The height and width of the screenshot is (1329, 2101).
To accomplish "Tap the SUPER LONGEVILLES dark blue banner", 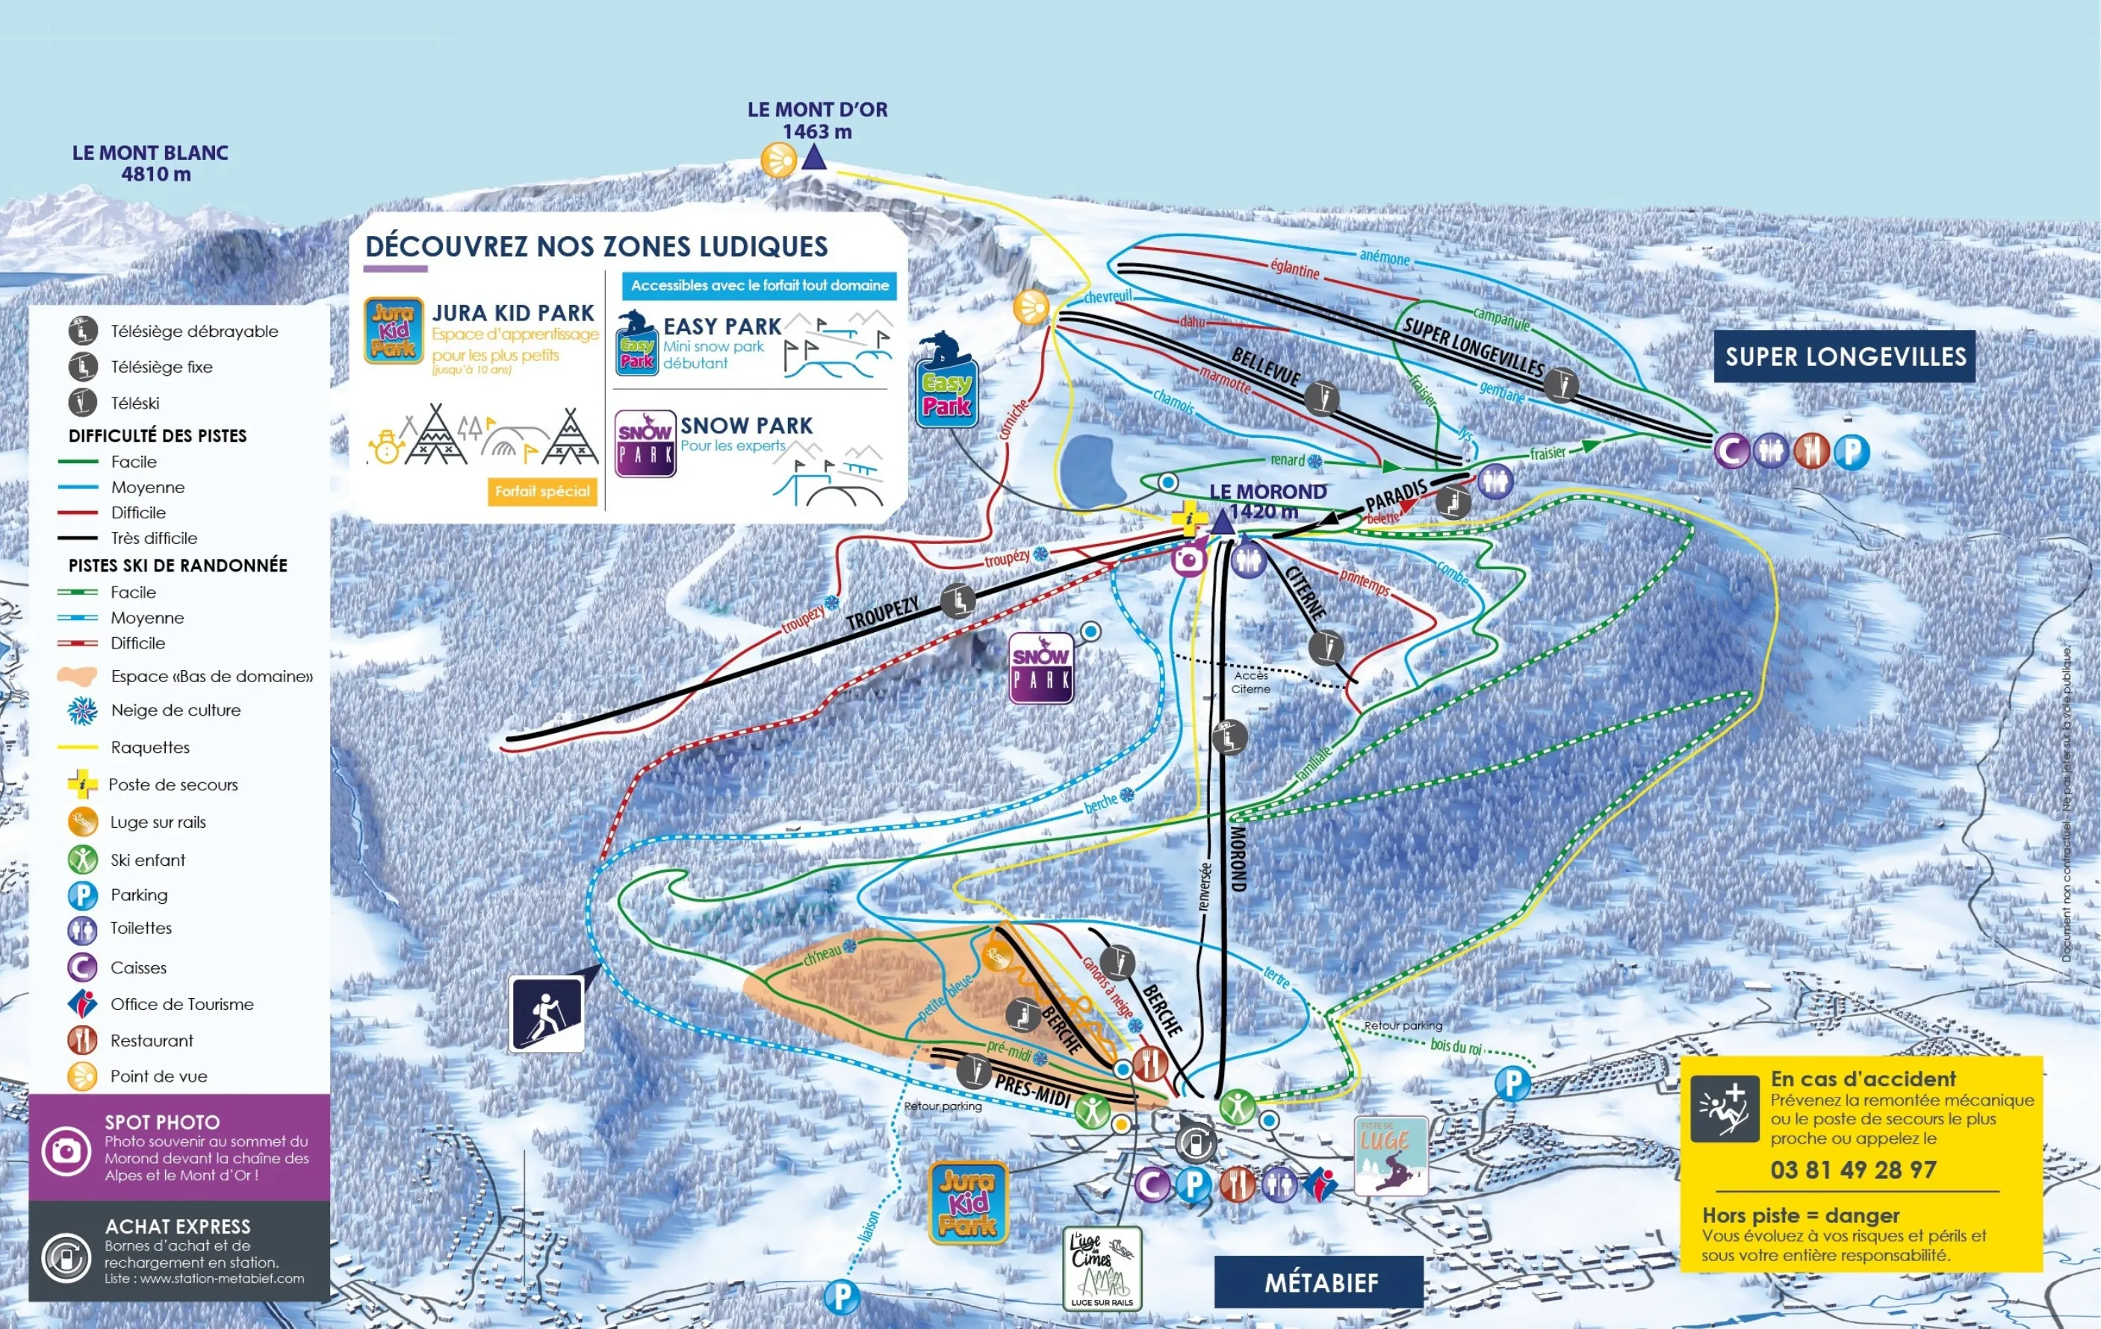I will pos(1845,356).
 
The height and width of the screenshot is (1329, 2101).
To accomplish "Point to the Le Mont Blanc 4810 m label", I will pos(150,163).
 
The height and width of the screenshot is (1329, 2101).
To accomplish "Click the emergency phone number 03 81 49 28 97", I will pos(1852,1169).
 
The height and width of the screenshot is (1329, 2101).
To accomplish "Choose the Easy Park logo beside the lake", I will pos(946,393).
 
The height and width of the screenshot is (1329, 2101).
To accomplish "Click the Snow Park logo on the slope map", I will pos(1041,669).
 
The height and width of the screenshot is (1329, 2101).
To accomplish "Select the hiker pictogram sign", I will pos(546,1014).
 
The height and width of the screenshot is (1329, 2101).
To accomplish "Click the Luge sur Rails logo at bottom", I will pos(1102,1268).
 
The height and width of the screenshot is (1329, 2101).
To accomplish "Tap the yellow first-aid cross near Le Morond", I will pos(1187,518).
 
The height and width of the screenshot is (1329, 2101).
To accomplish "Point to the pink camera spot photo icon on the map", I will pos(1188,559).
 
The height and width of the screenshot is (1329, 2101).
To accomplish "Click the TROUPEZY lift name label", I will pos(882,614).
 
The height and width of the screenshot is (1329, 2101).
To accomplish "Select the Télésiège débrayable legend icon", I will pos(83,331).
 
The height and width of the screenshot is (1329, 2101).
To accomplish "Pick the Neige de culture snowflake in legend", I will pos(83,710).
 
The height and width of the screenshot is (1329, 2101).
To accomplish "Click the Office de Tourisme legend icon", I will pos(83,1004).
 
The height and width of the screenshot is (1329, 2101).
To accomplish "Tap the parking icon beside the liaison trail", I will pos(842,1297).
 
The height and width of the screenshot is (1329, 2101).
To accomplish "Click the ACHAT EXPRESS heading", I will pos(177,1226).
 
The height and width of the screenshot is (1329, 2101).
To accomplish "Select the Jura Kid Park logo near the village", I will pos(968,1203).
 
